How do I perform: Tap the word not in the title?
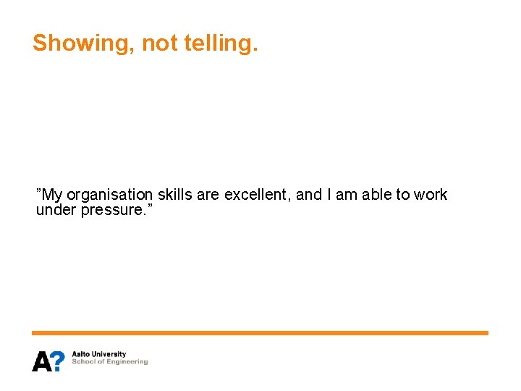(158, 43)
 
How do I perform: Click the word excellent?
(258, 195)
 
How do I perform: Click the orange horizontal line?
(260, 333)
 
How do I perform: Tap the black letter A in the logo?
(41, 361)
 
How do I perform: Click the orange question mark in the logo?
(58, 361)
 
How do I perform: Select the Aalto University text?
(98, 355)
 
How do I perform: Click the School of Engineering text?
(109, 362)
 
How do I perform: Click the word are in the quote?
(207, 195)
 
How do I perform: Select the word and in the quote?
(309, 195)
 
